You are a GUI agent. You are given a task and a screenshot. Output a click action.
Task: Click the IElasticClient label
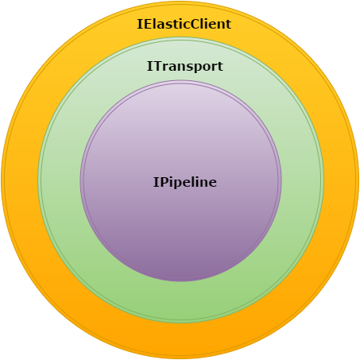click(x=184, y=24)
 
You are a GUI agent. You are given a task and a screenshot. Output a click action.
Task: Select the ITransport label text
click(x=184, y=67)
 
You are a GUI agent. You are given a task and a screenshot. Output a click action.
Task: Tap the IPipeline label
click(x=185, y=182)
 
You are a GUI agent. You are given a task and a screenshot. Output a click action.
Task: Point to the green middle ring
click(x=180, y=302)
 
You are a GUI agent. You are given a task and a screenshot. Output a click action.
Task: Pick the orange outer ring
click(x=180, y=342)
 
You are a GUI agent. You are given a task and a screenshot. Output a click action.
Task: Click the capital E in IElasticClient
click(x=146, y=24)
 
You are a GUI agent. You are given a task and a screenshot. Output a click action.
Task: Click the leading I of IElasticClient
click(x=139, y=24)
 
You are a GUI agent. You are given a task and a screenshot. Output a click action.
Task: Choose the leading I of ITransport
click(x=149, y=66)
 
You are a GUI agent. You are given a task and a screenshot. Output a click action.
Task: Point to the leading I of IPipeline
click(x=156, y=182)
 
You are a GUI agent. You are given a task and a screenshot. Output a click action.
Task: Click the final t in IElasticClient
click(x=228, y=25)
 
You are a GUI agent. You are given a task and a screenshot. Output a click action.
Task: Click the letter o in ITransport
click(x=204, y=68)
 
